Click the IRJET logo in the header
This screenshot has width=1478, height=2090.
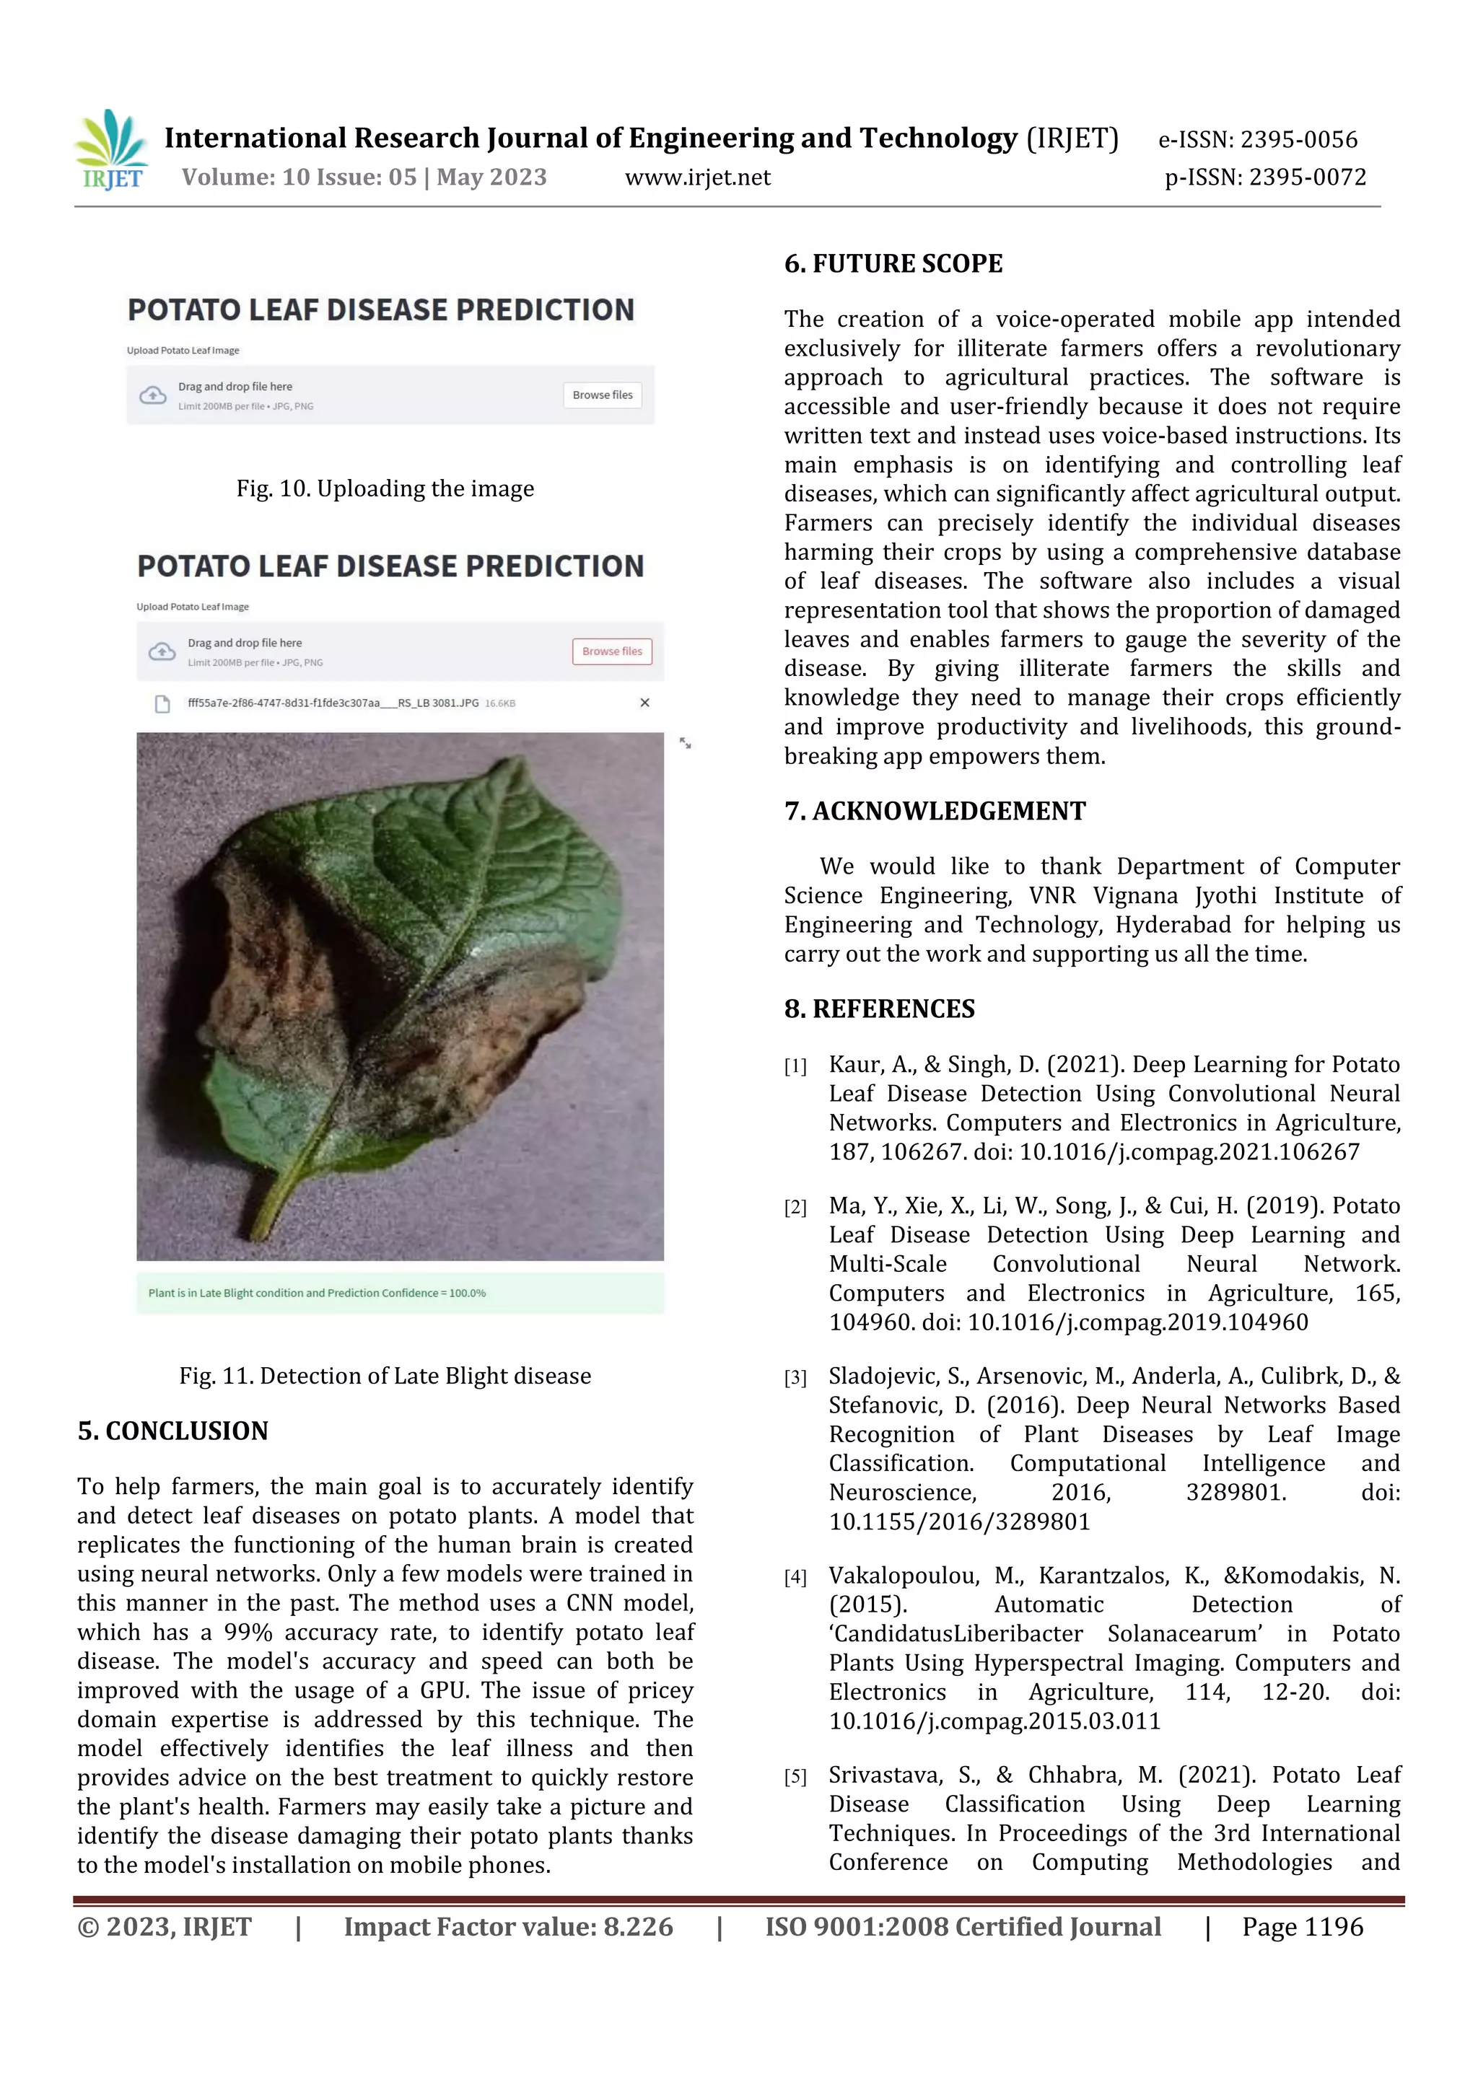[111, 150]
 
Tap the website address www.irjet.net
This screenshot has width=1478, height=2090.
[698, 177]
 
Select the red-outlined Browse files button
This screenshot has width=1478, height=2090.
[612, 651]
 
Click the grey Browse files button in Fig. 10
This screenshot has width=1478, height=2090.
[602, 395]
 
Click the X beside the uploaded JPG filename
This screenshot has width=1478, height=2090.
[644, 703]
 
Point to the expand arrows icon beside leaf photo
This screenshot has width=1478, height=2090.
[685, 744]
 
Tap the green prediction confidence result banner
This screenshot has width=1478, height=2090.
[400, 1293]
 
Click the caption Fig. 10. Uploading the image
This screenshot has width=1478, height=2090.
[385, 489]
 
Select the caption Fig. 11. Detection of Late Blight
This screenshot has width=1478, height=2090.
[385, 1376]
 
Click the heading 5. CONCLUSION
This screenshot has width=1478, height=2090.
[173, 1431]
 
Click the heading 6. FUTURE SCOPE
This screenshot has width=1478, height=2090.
[893, 264]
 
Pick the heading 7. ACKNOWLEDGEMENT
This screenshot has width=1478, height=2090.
[935, 811]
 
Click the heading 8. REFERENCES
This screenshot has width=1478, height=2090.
[879, 1009]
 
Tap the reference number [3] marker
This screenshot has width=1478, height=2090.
[795, 1378]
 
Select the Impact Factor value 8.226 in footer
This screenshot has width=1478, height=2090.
[637, 1927]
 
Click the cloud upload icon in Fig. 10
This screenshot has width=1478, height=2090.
[153, 395]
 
